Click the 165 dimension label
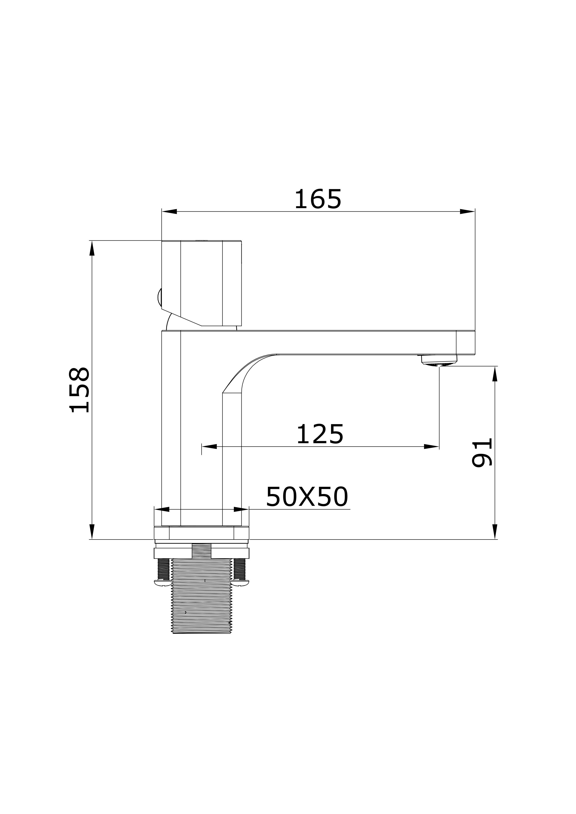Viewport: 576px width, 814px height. pos(318,199)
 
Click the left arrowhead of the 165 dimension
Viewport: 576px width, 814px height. pos(169,212)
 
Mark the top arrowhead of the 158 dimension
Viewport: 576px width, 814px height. pos(92,248)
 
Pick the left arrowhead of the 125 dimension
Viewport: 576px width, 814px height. pos(209,446)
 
